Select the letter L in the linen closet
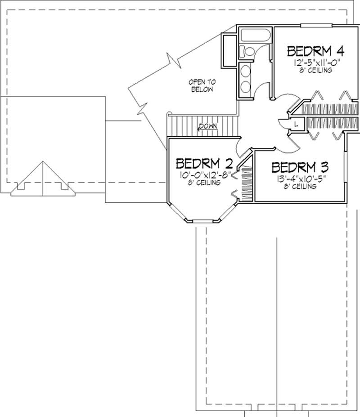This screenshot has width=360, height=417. tap(296, 123)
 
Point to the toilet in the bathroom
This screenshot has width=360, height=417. tap(244, 50)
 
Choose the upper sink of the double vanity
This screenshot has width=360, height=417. tap(246, 71)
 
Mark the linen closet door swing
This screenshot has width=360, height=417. tap(284, 122)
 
